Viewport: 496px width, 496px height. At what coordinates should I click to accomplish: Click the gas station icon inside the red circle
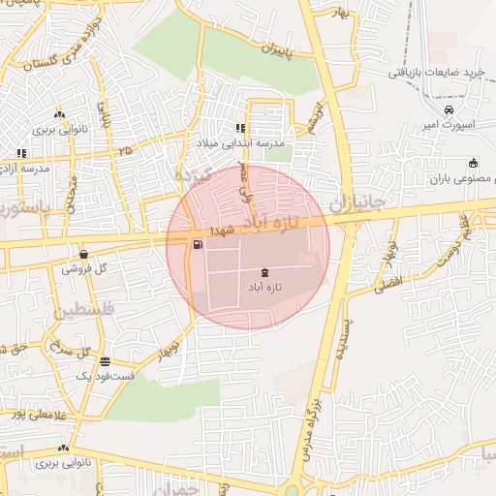pos(198,244)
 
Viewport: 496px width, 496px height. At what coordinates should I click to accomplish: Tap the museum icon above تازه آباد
pos(266,272)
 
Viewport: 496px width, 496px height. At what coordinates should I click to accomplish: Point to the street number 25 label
pos(124,151)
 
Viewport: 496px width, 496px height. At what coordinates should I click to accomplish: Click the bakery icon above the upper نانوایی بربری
pos(60,113)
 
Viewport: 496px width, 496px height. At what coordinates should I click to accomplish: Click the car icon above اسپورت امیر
pos(447,110)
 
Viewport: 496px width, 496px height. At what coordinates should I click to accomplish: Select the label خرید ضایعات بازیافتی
pos(435,73)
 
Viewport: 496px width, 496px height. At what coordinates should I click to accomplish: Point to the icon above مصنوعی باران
pos(473,163)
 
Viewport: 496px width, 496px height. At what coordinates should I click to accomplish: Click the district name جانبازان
pos(357,203)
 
